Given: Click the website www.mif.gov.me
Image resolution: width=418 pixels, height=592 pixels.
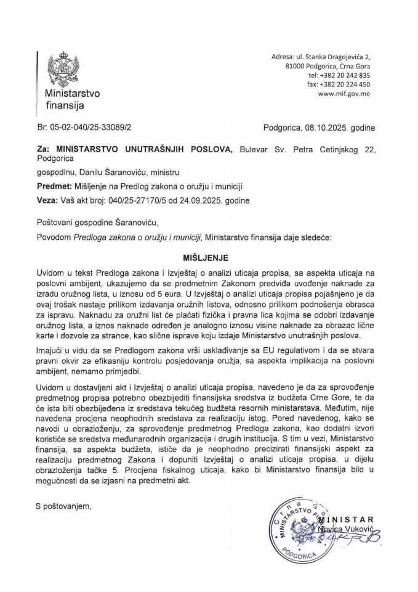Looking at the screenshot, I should (x=344, y=94).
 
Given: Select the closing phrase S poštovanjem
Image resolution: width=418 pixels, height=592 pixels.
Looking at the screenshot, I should (x=63, y=507).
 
